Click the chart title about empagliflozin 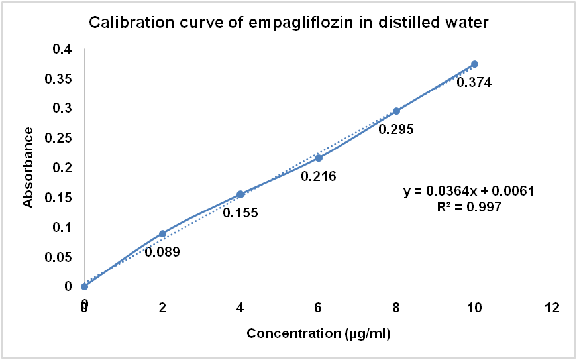[x=289, y=23]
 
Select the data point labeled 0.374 [x=474, y=64]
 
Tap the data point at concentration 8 [x=396, y=111]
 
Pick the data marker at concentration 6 [x=318, y=158]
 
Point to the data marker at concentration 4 [x=240, y=194]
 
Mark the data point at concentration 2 [x=162, y=234]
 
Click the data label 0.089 [x=162, y=252]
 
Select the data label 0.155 [x=240, y=213]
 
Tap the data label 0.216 [x=318, y=176]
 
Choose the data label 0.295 [x=396, y=129]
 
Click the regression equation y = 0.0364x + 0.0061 [x=469, y=191]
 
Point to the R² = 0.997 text [x=469, y=206]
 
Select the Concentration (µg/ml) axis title [x=319, y=333]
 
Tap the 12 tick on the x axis [x=552, y=308]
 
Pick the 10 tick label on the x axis [x=474, y=308]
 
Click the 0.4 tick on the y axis [x=62, y=49]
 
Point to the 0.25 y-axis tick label [x=59, y=138]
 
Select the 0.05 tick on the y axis [x=59, y=257]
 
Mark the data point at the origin [x=84, y=286]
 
